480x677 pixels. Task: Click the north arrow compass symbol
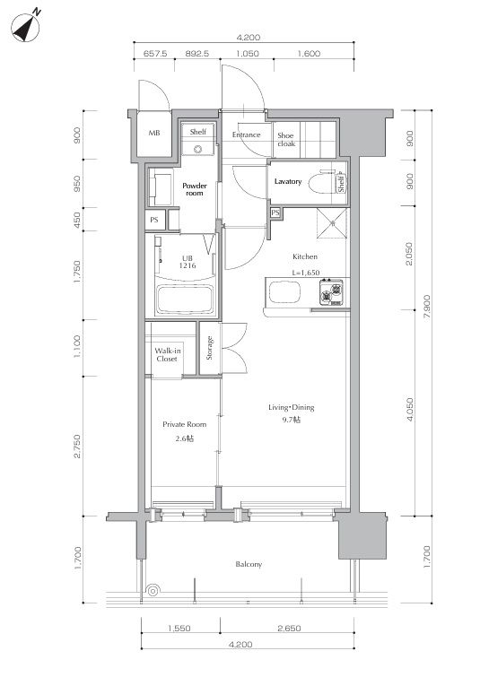pos(25,27)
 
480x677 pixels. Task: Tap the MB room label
pos(154,133)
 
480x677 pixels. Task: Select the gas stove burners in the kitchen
pos(331,292)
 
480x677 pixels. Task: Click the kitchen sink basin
pos(284,292)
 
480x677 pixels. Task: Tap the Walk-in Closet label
pos(167,355)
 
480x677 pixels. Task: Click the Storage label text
pos(210,348)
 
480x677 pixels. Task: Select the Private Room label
pos(184,424)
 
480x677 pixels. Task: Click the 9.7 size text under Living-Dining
pos(292,420)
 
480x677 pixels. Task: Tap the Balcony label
pos(249,564)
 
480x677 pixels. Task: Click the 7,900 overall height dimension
pos(426,307)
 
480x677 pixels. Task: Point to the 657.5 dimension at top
pos(155,54)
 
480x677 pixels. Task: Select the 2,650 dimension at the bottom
pos(289,629)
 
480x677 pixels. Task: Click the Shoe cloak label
pos(286,140)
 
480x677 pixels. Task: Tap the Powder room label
pos(195,189)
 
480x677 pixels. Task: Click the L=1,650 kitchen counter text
pos(306,273)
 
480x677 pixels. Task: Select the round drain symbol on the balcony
pos(153,590)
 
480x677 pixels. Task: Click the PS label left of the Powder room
pos(154,220)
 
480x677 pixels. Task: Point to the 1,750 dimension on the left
pos(77,272)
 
